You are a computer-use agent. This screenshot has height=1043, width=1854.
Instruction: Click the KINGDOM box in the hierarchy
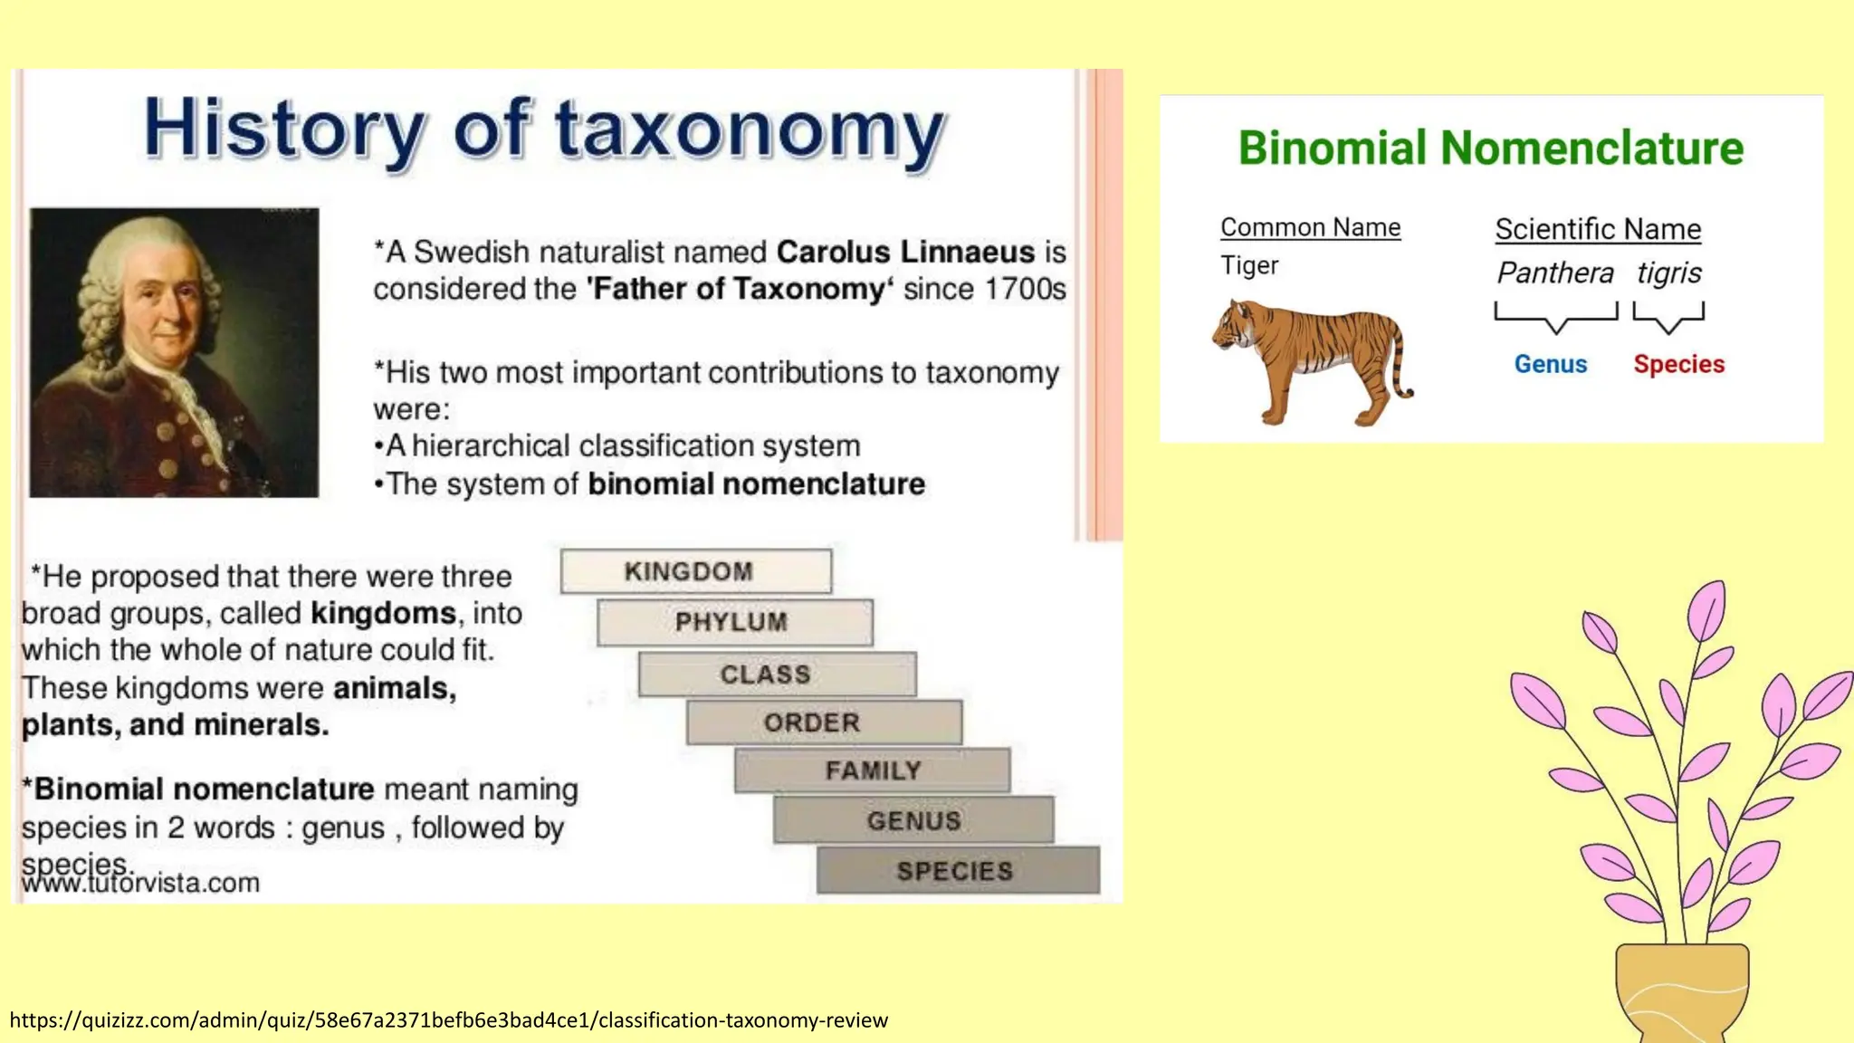pyautogui.click(x=695, y=571)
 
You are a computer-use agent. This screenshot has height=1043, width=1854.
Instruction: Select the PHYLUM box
pyautogui.click(x=734, y=622)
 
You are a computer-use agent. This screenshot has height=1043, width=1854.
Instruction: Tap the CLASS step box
pyautogui.click(x=777, y=675)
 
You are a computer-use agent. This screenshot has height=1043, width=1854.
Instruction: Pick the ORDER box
pyautogui.click(x=823, y=722)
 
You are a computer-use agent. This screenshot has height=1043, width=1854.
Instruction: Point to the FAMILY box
pyautogui.click(x=872, y=770)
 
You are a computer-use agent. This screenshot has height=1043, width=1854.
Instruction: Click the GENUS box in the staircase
pyautogui.click(x=913, y=820)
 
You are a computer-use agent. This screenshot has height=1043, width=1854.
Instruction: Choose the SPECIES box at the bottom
pyautogui.click(x=957, y=871)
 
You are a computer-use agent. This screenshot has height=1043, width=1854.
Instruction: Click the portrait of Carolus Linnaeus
pyautogui.click(x=174, y=352)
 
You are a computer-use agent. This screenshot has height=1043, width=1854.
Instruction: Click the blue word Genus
pyautogui.click(x=1551, y=364)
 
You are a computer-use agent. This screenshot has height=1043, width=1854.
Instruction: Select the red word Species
pyautogui.click(x=1678, y=364)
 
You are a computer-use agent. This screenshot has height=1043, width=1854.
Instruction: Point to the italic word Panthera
pyautogui.click(x=1554, y=273)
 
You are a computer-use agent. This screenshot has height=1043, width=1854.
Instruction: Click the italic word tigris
pyautogui.click(x=1668, y=273)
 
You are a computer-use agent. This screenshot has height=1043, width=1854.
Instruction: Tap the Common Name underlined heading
pyautogui.click(x=1310, y=227)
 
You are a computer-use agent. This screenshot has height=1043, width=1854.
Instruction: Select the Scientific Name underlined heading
pyautogui.click(x=1598, y=229)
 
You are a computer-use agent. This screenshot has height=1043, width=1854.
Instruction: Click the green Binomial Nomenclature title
pyautogui.click(x=1490, y=148)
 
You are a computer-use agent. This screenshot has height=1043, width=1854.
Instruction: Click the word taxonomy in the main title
pyautogui.click(x=750, y=129)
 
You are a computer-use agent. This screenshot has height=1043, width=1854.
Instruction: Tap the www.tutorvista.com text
pyautogui.click(x=141, y=883)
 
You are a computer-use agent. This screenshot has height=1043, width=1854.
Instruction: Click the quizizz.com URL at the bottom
pyautogui.click(x=449, y=1020)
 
